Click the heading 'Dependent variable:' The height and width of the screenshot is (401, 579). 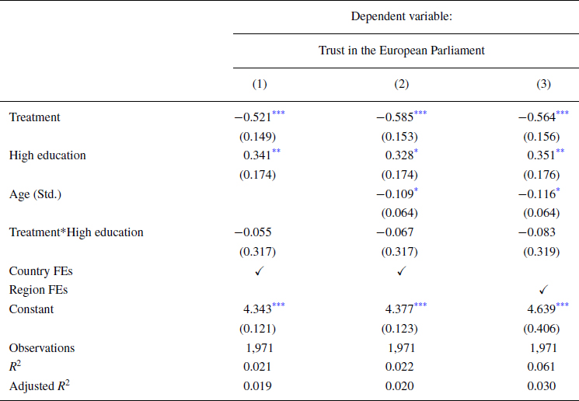(401, 16)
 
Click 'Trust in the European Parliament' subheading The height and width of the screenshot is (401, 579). (401, 51)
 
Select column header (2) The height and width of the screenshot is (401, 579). (401, 84)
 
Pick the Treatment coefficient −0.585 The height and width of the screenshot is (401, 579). (395, 117)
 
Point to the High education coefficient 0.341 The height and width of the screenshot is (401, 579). (257, 155)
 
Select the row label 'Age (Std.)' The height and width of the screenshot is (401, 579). (34, 194)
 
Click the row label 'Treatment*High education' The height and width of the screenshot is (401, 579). (76, 232)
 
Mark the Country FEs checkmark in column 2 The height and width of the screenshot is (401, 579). (401, 270)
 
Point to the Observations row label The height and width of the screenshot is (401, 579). (42, 347)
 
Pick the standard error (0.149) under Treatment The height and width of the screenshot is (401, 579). (260, 136)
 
